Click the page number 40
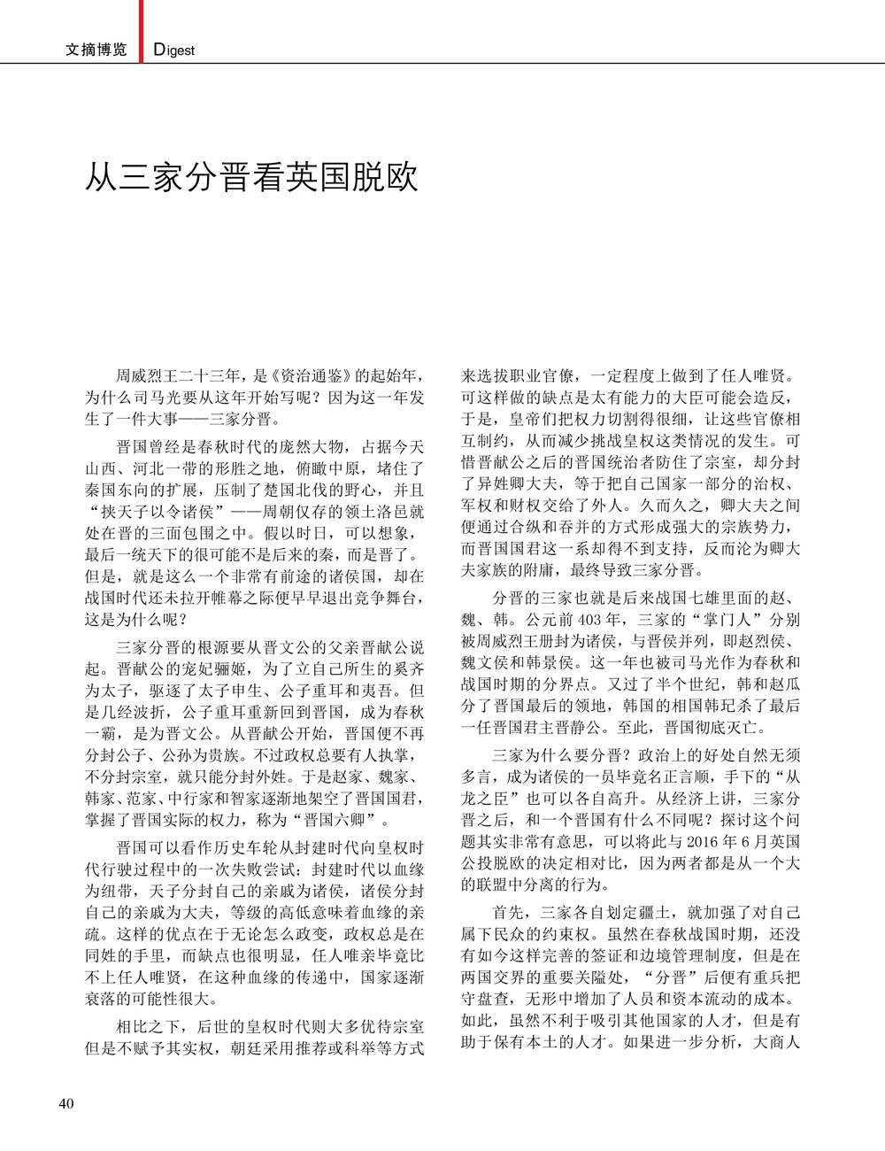point(66,1103)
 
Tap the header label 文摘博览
point(96,50)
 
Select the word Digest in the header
point(174,50)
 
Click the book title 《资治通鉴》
point(302,376)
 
